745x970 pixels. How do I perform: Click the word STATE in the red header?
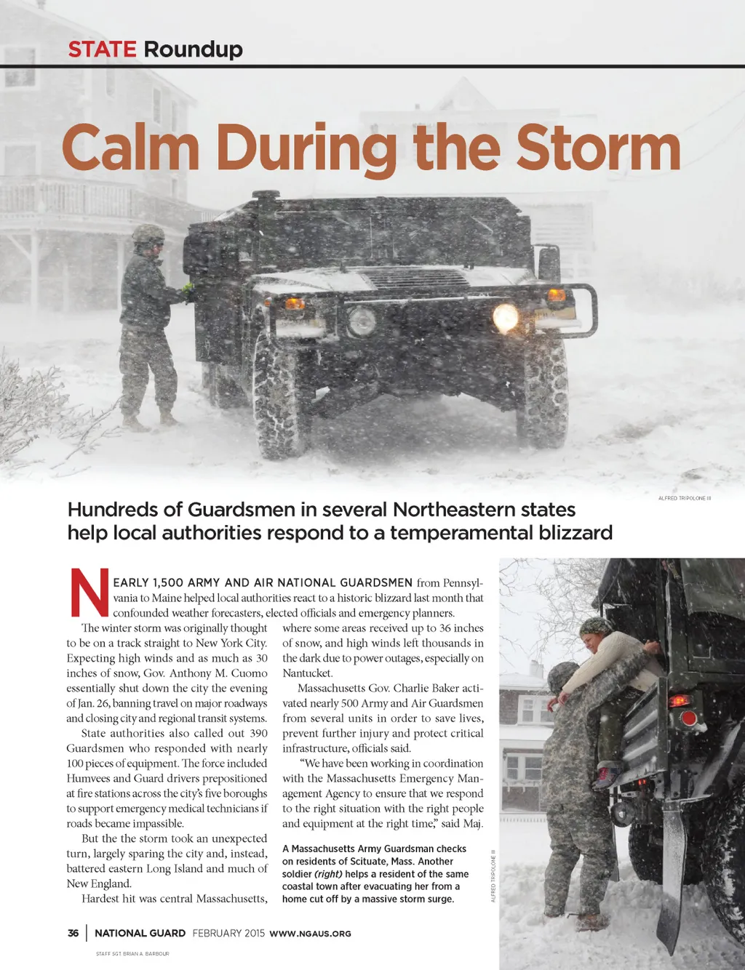[x=102, y=49]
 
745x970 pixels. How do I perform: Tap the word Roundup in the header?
[x=193, y=49]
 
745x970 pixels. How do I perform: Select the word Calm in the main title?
[x=131, y=148]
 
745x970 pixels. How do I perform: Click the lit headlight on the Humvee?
[x=506, y=317]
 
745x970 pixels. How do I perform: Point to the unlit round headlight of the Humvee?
[x=362, y=321]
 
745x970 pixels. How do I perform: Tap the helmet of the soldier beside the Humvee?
[x=148, y=234]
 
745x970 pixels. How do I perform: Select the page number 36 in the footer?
[x=73, y=933]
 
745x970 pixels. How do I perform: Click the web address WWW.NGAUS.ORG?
[x=310, y=934]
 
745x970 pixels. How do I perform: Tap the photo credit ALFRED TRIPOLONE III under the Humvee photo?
[x=684, y=498]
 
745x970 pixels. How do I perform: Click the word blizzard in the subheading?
[x=575, y=533]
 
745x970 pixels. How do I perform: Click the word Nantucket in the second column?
[x=307, y=673]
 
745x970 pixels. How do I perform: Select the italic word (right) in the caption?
[x=328, y=874]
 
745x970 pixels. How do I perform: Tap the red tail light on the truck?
[x=688, y=719]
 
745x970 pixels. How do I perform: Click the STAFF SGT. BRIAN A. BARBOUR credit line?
[x=132, y=953]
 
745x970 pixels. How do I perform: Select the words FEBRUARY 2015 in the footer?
[x=228, y=933]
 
